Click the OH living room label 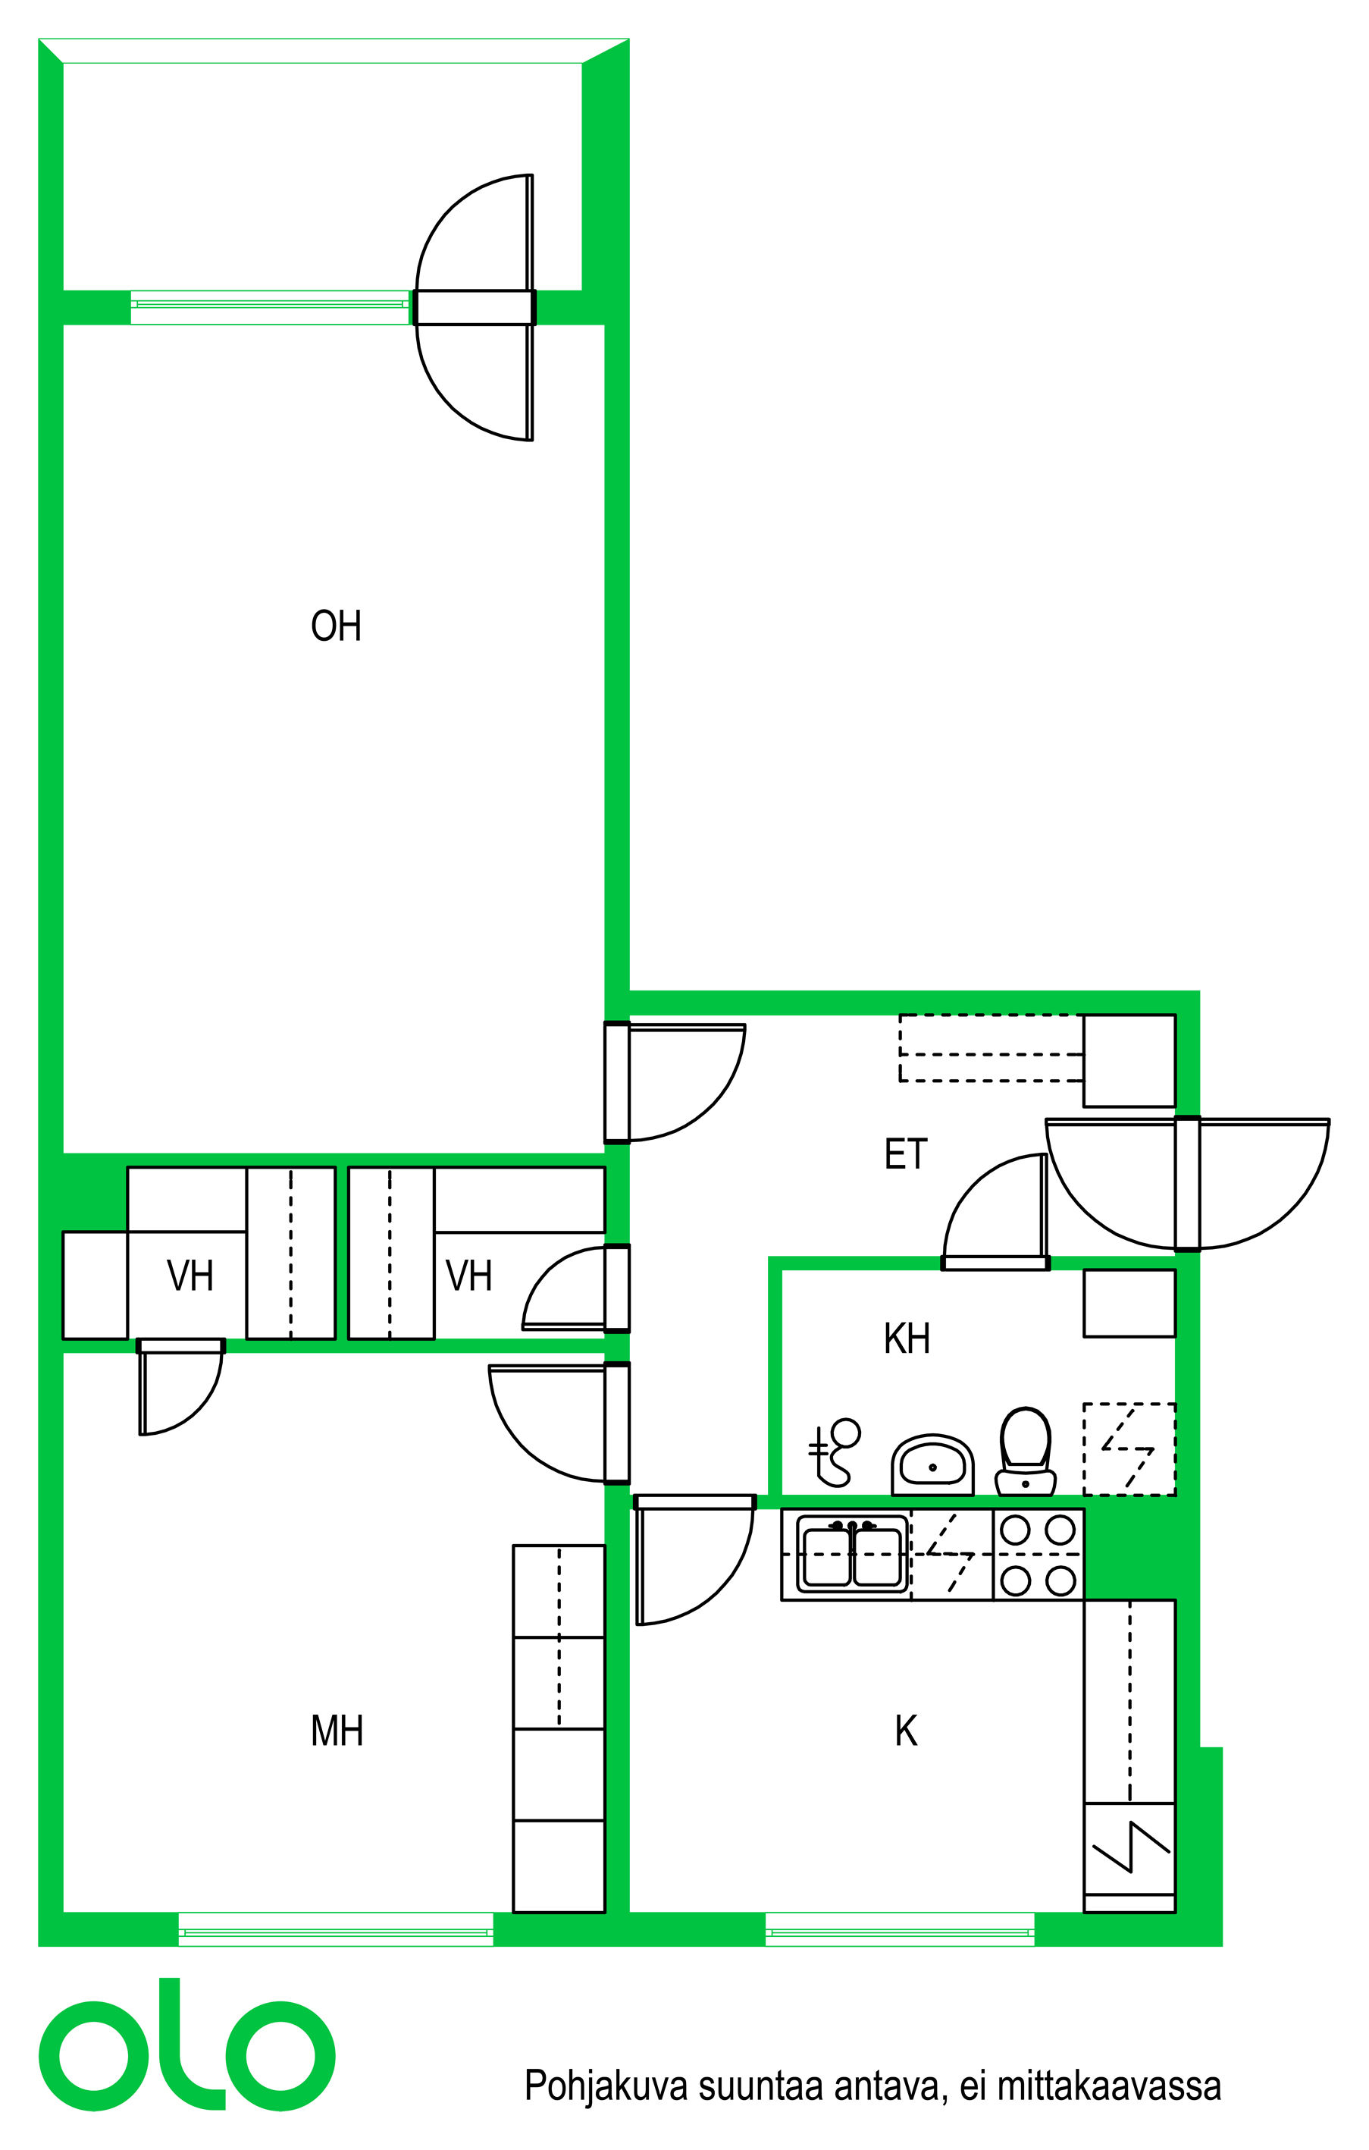[336, 626]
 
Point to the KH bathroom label [907, 1339]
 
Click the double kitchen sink [852, 1556]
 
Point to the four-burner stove [1038, 1556]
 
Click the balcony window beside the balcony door [270, 307]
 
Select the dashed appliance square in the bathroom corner [1129, 1449]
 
